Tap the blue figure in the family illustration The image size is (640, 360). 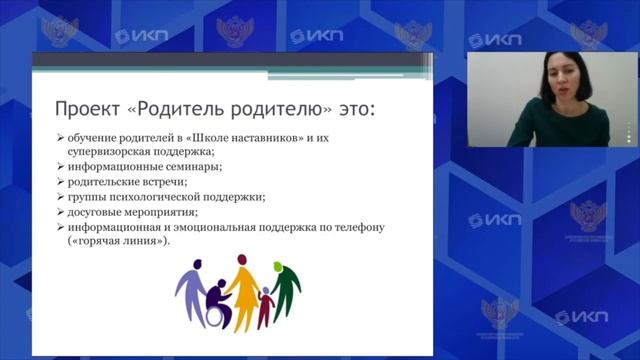click(x=190, y=284)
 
